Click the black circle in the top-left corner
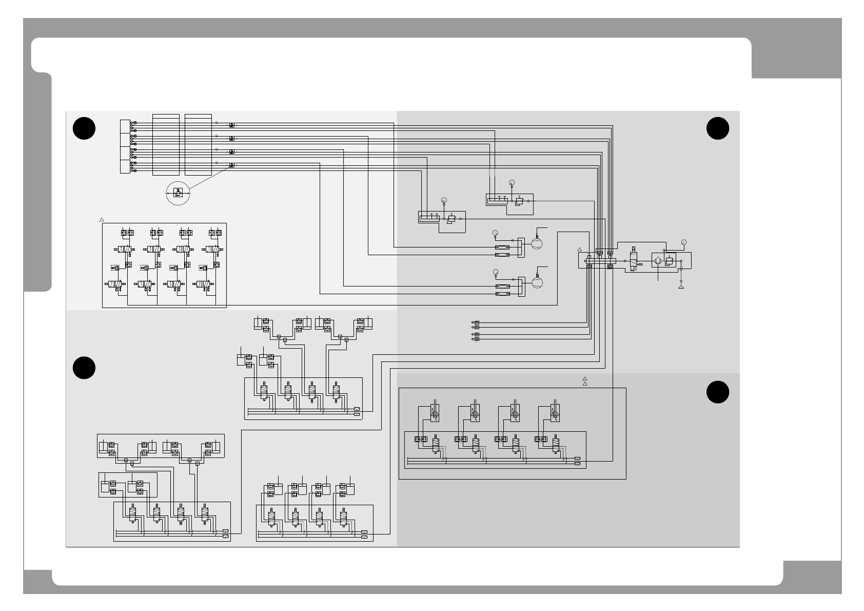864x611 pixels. pyautogui.click(x=84, y=128)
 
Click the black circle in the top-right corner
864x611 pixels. pyautogui.click(x=717, y=128)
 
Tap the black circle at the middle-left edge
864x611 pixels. pyautogui.click(x=84, y=368)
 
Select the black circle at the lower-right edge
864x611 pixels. pyautogui.click(x=717, y=392)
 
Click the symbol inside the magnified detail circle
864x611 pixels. pyautogui.click(x=178, y=193)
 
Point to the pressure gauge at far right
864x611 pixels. pyautogui.click(x=683, y=242)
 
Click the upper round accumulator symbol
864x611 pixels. pyautogui.click(x=536, y=242)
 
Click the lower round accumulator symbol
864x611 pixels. pyautogui.click(x=537, y=282)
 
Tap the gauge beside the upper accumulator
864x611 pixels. pyautogui.click(x=495, y=233)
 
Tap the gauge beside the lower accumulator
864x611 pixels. pyautogui.click(x=495, y=272)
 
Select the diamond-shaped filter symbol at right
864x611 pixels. pyautogui.click(x=658, y=261)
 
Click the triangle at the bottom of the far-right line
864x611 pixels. pyautogui.click(x=681, y=287)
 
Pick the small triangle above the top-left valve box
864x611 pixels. pyautogui.click(x=102, y=220)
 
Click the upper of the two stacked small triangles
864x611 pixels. pyautogui.click(x=584, y=378)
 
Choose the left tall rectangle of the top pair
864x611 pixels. pyautogui.click(x=166, y=144)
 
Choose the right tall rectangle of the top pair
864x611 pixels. pyautogui.click(x=198, y=144)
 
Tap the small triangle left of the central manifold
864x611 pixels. pyautogui.click(x=579, y=250)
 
